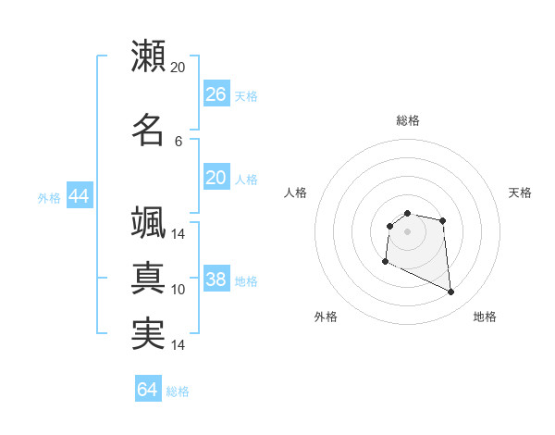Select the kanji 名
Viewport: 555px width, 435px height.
(x=148, y=130)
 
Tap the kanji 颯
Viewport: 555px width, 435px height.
(x=148, y=223)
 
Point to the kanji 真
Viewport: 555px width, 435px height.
(x=148, y=278)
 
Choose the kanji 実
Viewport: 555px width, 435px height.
(x=148, y=334)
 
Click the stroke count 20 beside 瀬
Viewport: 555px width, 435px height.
(x=179, y=68)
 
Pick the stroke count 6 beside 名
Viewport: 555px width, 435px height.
(x=179, y=141)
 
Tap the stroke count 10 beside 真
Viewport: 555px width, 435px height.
(x=179, y=290)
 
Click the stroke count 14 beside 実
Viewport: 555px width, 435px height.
(x=179, y=345)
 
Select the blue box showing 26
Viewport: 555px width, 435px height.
(x=216, y=94)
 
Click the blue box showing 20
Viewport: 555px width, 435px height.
(x=216, y=178)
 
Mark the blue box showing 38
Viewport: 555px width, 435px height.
(x=216, y=280)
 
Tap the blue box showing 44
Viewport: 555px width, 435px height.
(x=79, y=196)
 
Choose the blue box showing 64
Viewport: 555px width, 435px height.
(x=147, y=390)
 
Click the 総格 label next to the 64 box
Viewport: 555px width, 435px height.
(x=178, y=391)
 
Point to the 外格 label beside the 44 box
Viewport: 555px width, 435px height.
(x=49, y=198)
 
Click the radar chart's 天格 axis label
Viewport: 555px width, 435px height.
(x=520, y=193)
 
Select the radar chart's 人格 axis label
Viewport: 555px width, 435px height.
(x=296, y=193)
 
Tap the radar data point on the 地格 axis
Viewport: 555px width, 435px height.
(x=451, y=292)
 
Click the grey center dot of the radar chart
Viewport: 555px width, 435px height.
(x=407, y=230)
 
